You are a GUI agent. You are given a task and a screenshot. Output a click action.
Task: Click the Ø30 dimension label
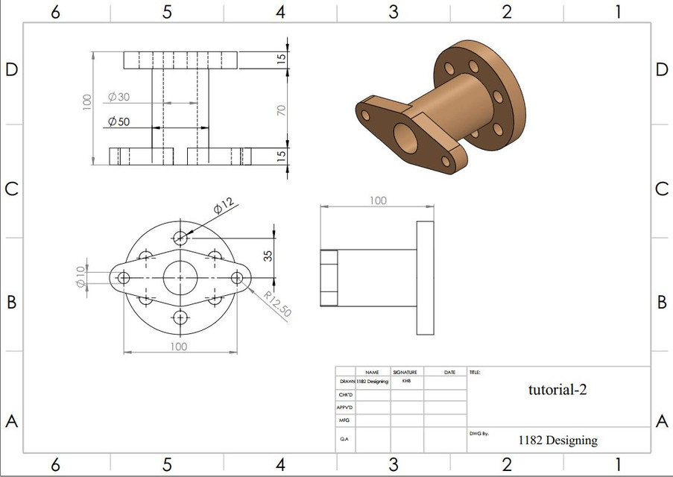[119, 98]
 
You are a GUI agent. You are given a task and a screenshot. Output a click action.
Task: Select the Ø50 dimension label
[119, 121]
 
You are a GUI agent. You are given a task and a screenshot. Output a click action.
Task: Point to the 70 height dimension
[281, 110]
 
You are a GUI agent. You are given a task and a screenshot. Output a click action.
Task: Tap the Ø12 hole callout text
[223, 206]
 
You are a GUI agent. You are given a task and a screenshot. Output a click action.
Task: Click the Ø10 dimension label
[80, 276]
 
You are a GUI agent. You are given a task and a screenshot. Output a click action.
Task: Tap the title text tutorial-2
[557, 388]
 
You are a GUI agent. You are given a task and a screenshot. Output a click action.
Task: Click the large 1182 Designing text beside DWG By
[557, 440]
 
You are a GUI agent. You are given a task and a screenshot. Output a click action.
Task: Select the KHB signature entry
[405, 380]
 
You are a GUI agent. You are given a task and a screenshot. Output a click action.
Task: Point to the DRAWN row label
[347, 381]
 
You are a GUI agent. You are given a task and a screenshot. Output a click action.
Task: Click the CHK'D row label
[345, 394]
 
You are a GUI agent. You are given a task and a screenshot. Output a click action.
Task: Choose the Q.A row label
[344, 440]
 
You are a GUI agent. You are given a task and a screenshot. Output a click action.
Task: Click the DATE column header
[449, 371]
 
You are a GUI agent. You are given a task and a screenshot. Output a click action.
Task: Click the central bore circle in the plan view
[180, 277]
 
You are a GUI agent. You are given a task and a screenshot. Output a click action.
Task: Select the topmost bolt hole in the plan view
[180, 238]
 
